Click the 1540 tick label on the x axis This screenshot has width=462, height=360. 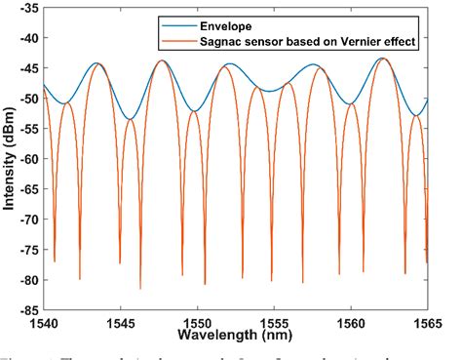pos(45,322)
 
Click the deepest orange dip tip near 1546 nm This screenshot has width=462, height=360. pos(140,288)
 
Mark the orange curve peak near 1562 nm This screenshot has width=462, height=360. pos(382,60)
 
